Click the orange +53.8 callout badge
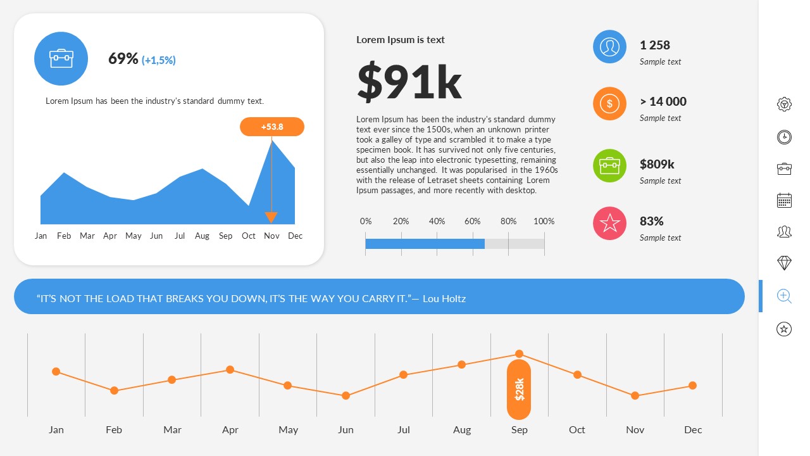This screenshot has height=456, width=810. (x=272, y=127)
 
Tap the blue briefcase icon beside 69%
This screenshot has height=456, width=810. (x=61, y=59)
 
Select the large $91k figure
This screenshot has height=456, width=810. (x=409, y=82)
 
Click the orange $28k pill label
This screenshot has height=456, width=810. (x=519, y=389)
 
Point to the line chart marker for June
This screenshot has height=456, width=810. (x=346, y=396)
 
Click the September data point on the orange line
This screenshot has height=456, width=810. (x=519, y=354)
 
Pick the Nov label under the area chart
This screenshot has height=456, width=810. (x=271, y=236)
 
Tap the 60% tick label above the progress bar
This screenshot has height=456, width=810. (x=472, y=221)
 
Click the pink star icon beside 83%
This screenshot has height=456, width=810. (x=609, y=224)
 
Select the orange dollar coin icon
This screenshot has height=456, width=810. (x=609, y=104)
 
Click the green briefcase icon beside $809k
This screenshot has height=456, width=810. (x=609, y=166)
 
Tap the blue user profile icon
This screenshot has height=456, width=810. (x=609, y=47)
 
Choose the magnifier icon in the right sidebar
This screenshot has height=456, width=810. (x=784, y=296)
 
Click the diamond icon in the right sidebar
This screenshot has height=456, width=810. (x=784, y=263)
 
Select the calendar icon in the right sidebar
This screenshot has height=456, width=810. (x=784, y=201)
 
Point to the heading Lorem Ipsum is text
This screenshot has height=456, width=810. (x=400, y=40)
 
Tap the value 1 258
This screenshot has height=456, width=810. (x=654, y=45)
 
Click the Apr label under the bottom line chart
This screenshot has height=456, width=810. (x=230, y=429)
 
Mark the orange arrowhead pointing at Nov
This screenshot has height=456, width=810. (x=271, y=217)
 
